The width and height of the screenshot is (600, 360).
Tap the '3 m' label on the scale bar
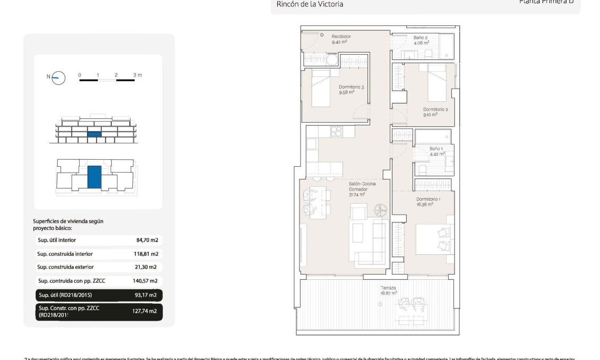click(x=138, y=75)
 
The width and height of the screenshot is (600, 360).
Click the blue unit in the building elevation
click(x=94, y=134)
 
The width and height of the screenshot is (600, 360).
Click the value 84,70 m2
click(x=147, y=240)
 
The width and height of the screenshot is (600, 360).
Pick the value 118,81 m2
click(x=146, y=254)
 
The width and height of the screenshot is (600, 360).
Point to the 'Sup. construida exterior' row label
click(x=65, y=267)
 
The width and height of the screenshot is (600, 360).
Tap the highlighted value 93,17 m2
click(x=145, y=295)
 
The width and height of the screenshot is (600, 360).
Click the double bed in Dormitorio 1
click(x=435, y=237)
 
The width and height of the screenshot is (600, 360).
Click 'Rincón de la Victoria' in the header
click(x=310, y=4)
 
